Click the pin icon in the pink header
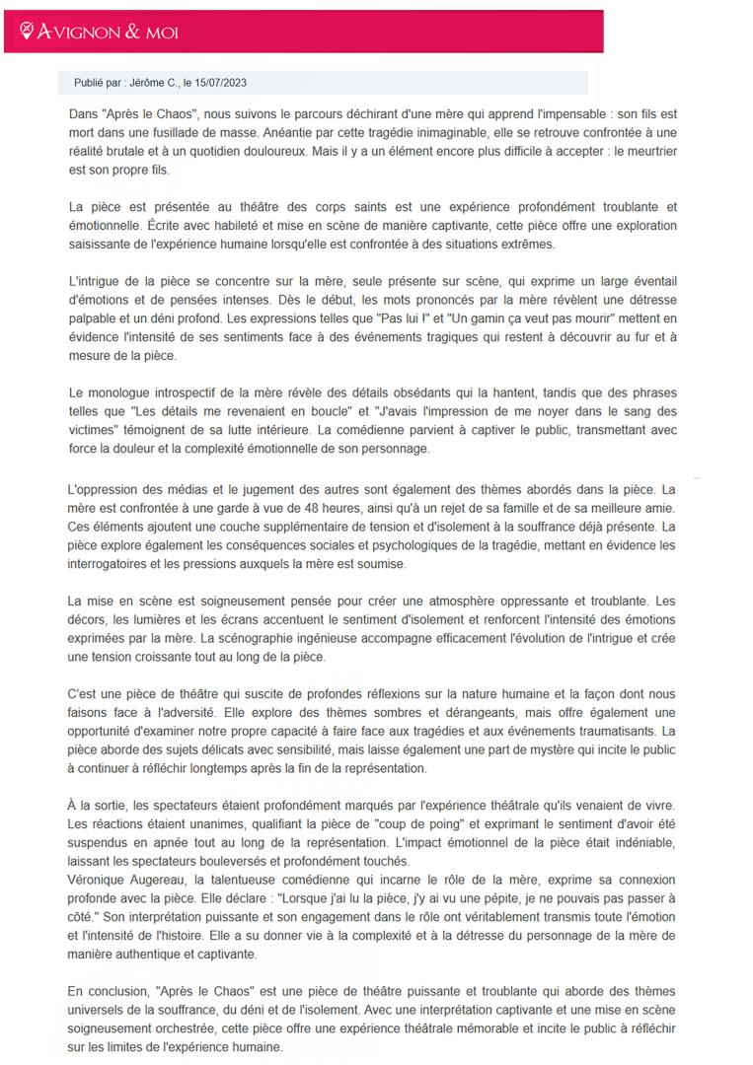(x=27, y=32)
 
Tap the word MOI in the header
(x=156, y=33)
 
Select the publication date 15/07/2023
(x=233, y=82)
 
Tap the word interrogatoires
(x=114, y=563)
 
